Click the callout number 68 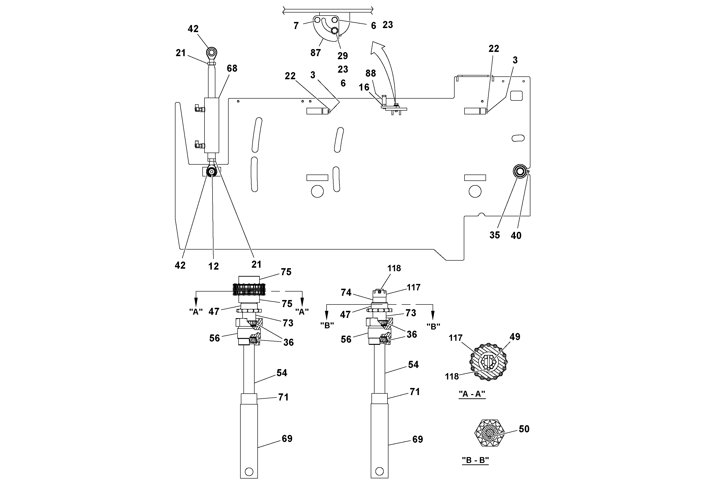tap(232, 68)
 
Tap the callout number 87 tap(315, 53)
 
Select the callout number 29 tap(343, 56)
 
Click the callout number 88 tap(371, 73)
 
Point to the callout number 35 tap(494, 235)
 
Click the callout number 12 tap(213, 266)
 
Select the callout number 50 tap(524, 429)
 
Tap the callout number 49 tap(515, 337)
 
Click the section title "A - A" tap(472, 394)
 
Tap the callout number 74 tap(346, 293)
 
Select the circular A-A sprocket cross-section tap(488, 362)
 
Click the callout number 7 tap(296, 26)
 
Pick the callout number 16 tap(364, 88)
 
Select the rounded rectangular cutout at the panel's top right tap(517, 96)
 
